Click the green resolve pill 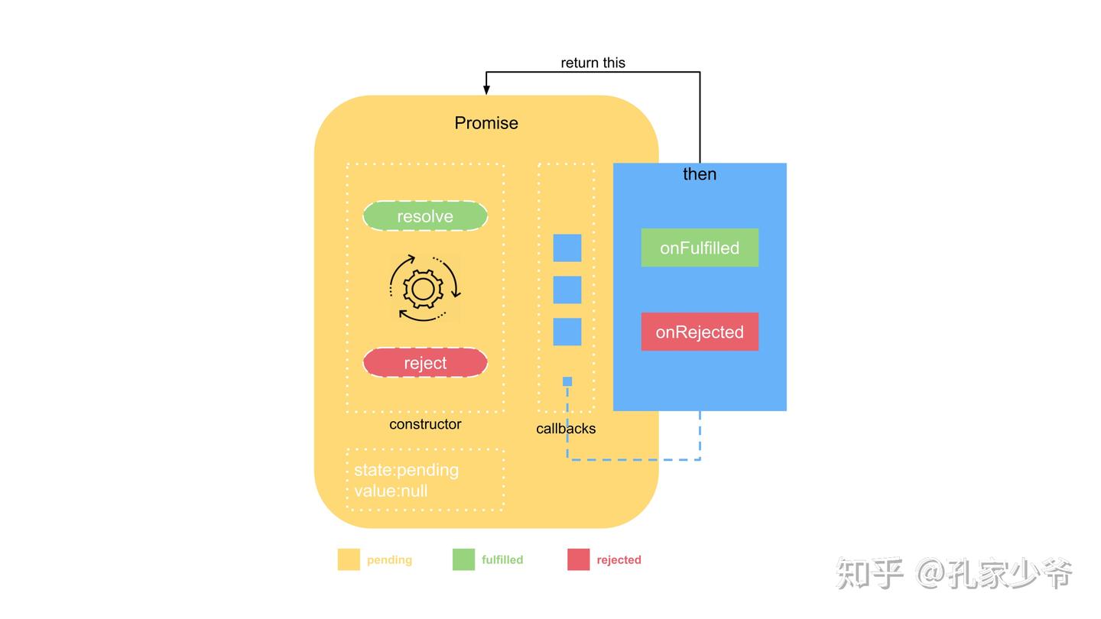(x=425, y=216)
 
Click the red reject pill (x=425, y=363)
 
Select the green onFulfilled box (x=700, y=248)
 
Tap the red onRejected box (x=700, y=332)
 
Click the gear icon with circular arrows (x=424, y=288)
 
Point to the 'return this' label (x=593, y=63)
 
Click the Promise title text (x=486, y=123)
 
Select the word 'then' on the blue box (x=700, y=174)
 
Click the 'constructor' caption (x=425, y=424)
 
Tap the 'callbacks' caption (x=566, y=429)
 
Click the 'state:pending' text (x=406, y=470)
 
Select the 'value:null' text (x=391, y=491)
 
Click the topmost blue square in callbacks (x=567, y=248)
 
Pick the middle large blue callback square (x=567, y=290)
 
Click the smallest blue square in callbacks (x=567, y=381)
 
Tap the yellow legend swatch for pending (x=349, y=559)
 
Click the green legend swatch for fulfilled (x=463, y=559)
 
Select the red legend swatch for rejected (x=579, y=559)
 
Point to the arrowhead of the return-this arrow (x=486, y=90)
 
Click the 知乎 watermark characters (x=869, y=573)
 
